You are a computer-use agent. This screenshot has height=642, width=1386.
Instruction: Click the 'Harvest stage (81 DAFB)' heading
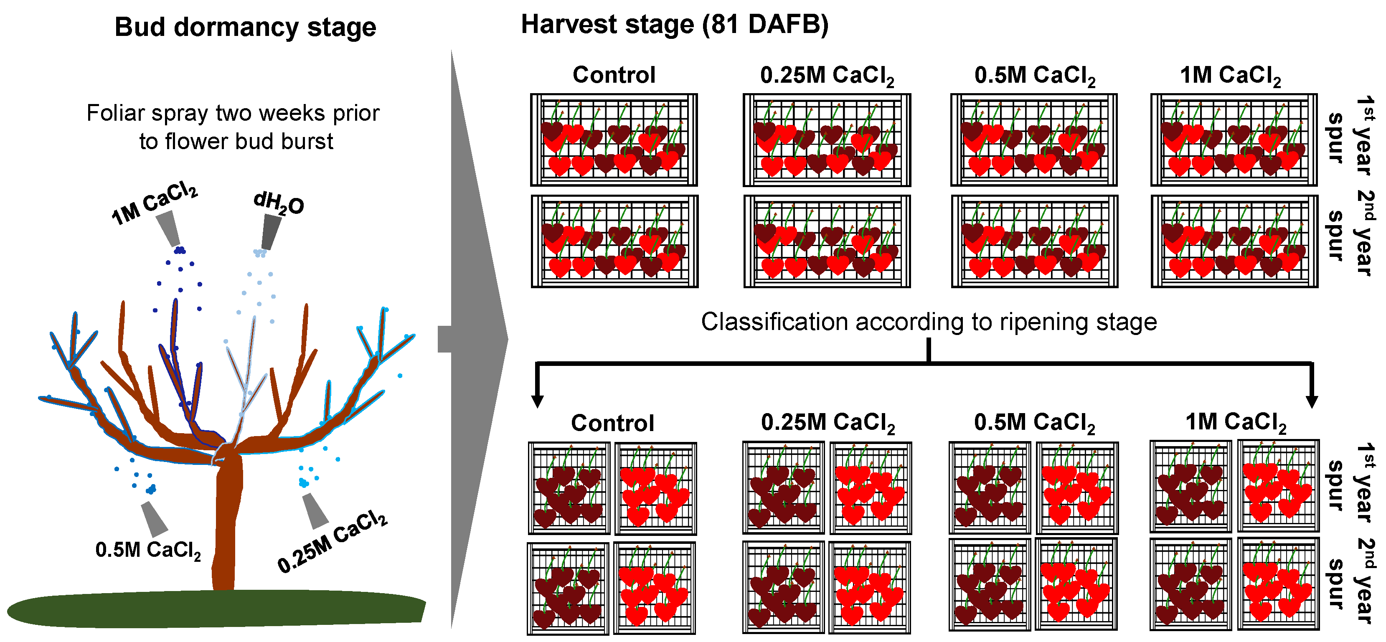coord(674,25)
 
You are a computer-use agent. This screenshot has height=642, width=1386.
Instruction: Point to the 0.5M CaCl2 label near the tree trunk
coord(148,550)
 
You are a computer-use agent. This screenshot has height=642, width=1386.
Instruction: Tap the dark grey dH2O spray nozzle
coord(271,231)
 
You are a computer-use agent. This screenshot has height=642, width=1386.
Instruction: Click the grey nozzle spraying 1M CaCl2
coord(168,228)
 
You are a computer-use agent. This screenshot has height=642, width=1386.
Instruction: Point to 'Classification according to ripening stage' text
coord(929,322)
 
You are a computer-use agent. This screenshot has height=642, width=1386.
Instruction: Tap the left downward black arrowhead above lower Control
coord(537,401)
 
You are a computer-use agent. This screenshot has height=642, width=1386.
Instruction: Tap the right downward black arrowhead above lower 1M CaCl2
coord(1312,401)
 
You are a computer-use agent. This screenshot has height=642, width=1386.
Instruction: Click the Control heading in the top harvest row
coord(614,75)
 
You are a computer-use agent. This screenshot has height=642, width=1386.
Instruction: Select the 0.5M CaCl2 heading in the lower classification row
coord(1035,423)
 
